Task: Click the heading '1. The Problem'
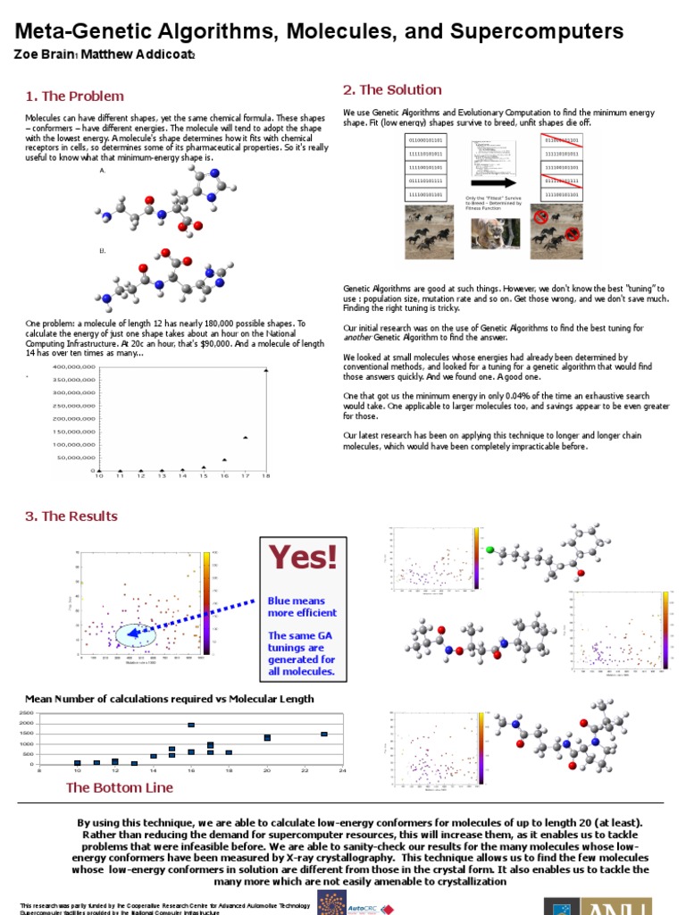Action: click(74, 97)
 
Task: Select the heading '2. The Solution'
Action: click(392, 90)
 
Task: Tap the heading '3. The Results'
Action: click(71, 516)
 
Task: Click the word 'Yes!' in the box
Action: click(304, 558)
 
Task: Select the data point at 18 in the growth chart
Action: click(265, 370)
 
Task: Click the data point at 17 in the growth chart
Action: click(245, 438)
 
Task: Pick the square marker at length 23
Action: click(323, 734)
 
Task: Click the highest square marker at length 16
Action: click(191, 725)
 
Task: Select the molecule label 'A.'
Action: click(103, 169)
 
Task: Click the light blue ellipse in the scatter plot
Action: click(137, 634)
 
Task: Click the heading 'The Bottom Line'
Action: click(120, 787)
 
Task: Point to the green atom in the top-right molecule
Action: click(489, 550)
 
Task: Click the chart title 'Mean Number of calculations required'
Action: click(170, 699)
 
